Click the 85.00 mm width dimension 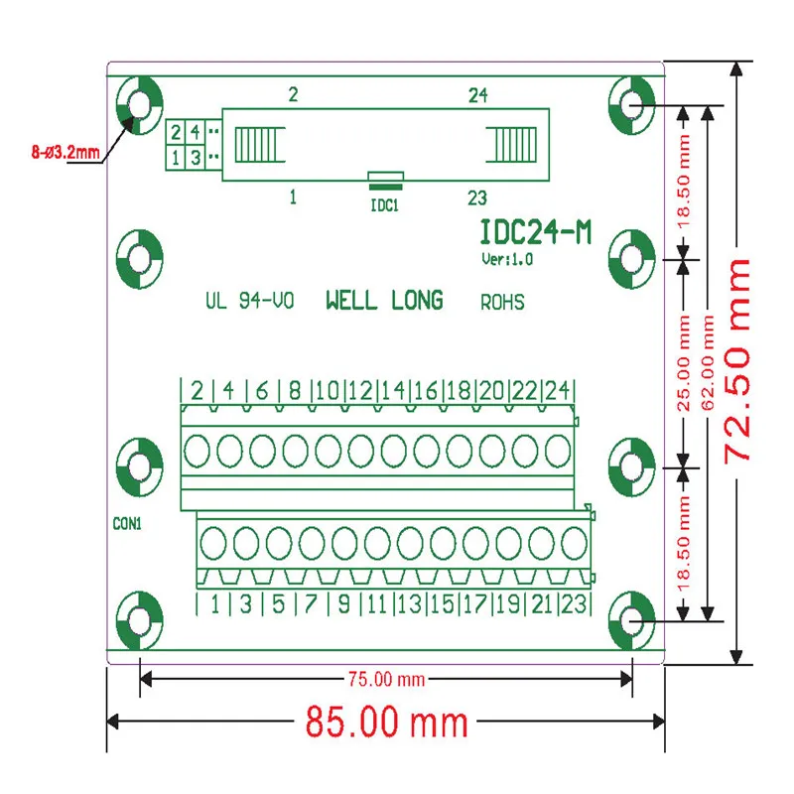[386, 723]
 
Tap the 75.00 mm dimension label [385, 679]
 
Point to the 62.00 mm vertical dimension [708, 361]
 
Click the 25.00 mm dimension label [683, 361]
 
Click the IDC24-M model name [536, 232]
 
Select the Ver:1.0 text [507, 260]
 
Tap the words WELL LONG [384, 301]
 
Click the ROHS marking [502, 302]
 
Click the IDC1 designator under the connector [385, 205]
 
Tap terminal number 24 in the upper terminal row [557, 390]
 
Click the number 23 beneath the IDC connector [478, 197]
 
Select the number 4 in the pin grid [196, 132]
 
